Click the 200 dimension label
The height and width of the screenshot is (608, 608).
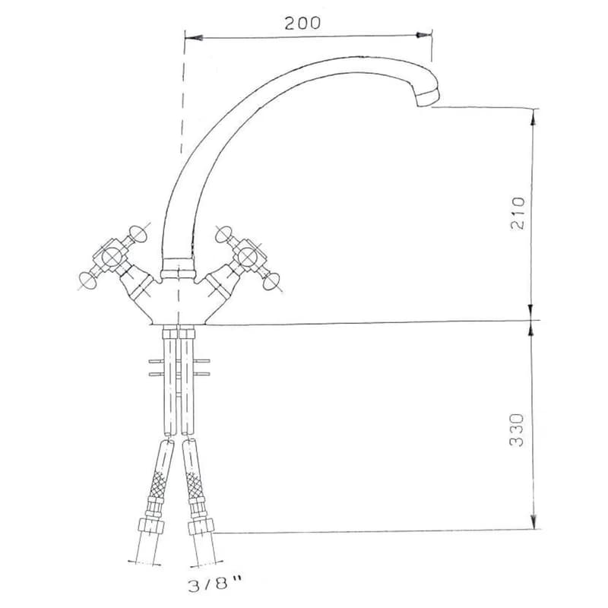(x=302, y=23)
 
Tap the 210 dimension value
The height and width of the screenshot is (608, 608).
(x=518, y=214)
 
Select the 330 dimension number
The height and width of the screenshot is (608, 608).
(x=517, y=430)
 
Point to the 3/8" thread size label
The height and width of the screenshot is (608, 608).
(x=215, y=584)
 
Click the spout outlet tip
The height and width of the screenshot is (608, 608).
(x=429, y=98)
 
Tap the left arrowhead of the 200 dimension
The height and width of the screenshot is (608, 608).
(x=194, y=38)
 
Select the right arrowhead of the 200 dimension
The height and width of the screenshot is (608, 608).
(x=423, y=35)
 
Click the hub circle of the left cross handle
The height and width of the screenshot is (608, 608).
(x=112, y=256)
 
